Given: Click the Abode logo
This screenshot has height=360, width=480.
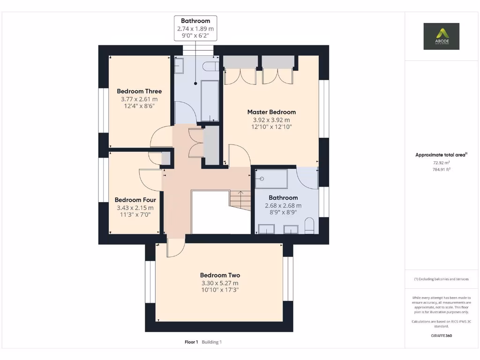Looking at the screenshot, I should [442, 36].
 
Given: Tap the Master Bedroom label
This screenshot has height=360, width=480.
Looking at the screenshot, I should [271, 112].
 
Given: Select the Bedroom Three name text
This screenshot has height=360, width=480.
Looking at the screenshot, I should [139, 91].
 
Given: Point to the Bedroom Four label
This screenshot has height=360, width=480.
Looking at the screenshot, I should [135, 200].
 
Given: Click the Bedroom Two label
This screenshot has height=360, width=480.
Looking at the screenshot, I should [220, 275].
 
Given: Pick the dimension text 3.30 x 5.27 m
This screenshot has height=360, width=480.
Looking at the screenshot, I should [220, 283].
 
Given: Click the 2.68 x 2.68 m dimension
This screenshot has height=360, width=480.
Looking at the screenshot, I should [283, 205].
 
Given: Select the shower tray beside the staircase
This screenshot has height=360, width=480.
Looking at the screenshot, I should [271, 179].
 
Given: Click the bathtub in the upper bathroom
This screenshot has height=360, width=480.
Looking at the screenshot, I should [210, 100].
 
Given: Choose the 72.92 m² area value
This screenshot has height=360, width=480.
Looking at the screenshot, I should [441, 163].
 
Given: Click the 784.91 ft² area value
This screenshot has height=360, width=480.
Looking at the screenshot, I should [441, 170].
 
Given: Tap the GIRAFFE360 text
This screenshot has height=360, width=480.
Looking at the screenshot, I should [441, 336].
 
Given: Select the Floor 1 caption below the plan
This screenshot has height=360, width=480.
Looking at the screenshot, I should [191, 342].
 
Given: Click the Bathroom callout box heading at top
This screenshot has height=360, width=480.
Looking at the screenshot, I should [195, 21].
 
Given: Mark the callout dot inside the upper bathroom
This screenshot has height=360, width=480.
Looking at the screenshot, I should [195, 83].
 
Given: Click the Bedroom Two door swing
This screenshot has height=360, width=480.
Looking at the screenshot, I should [175, 248].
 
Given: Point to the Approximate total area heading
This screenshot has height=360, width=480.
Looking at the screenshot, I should [441, 155].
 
